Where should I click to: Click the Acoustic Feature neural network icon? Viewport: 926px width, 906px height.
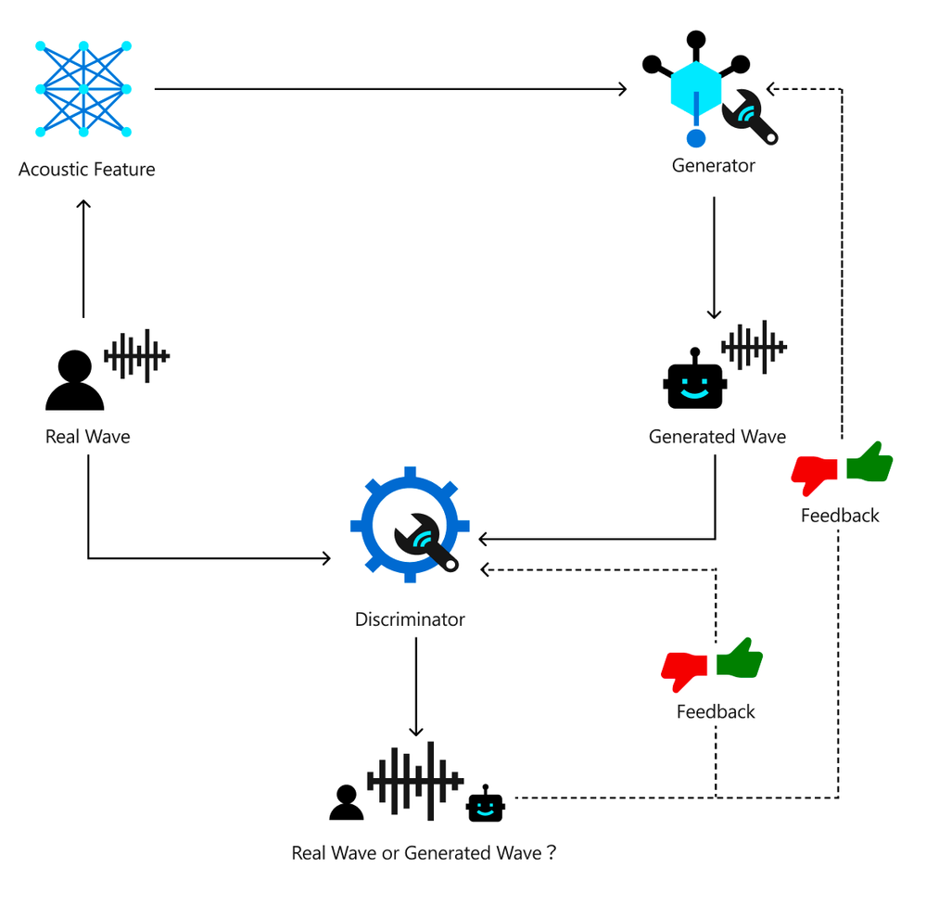tap(83, 89)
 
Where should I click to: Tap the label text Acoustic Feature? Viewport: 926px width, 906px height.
tap(87, 170)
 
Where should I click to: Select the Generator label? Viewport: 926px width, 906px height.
tap(714, 166)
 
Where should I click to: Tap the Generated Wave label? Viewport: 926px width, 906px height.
tap(717, 437)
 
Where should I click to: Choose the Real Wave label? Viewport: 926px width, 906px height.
tap(88, 437)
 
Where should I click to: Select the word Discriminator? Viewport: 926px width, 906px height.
tap(410, 619)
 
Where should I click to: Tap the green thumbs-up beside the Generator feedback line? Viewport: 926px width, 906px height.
tap(869, 462)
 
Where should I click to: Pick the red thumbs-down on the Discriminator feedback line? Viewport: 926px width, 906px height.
tap(685, 670)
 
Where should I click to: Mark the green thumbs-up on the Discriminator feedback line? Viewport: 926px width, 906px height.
tap(740, 658)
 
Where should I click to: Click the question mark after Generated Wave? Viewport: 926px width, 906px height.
tap(552, 852)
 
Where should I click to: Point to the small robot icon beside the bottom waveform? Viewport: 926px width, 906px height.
tap(485, 803)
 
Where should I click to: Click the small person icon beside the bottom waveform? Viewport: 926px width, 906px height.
tap(347, 803)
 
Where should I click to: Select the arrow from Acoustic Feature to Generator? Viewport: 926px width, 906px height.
tap(389, 89)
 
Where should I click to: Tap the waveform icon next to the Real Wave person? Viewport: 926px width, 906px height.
tap(137, 355)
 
